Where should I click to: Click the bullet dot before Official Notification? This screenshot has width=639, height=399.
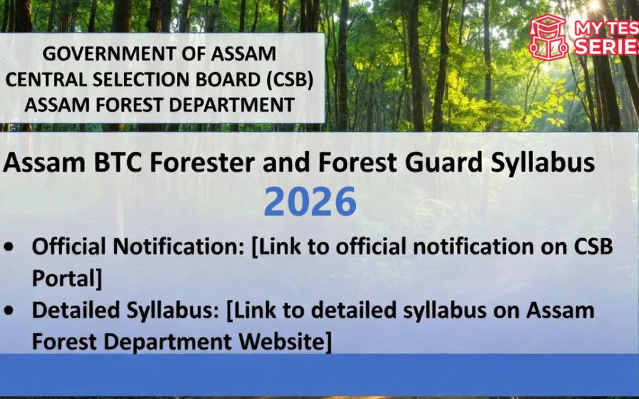[x=10, y=247]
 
